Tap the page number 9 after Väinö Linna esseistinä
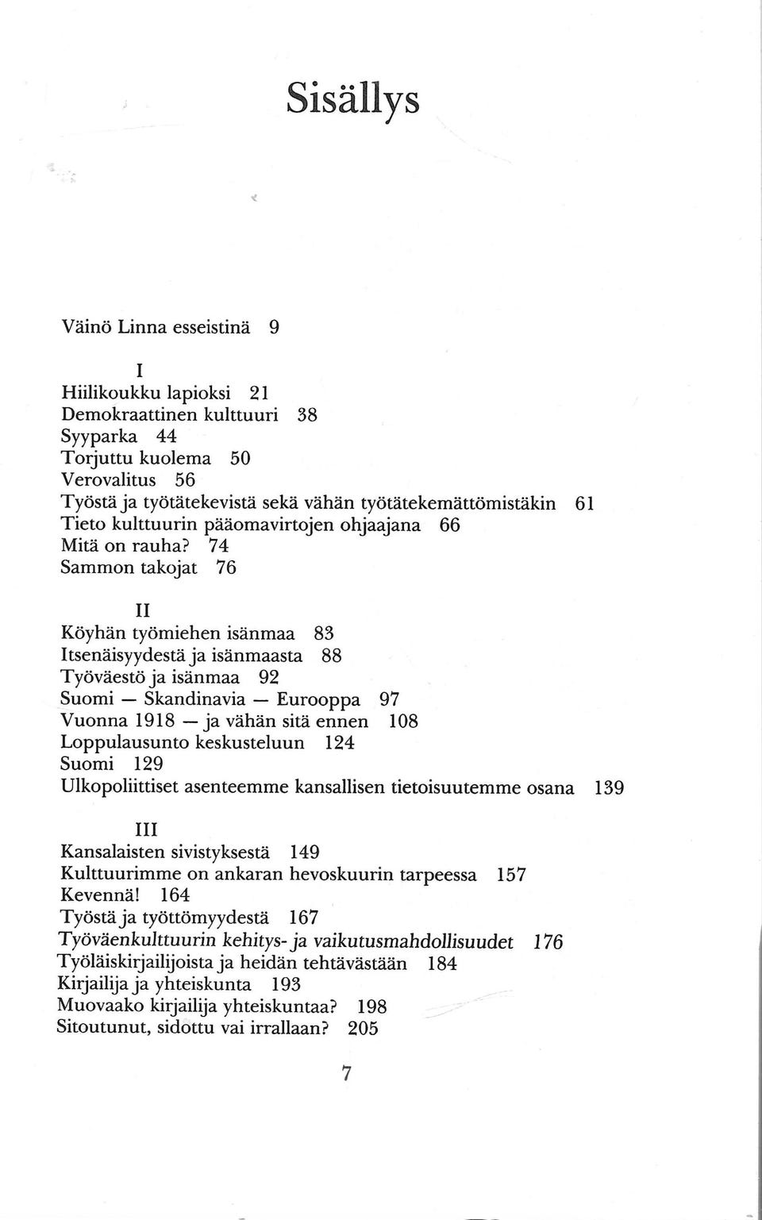point(273,326)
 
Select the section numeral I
point(139,370)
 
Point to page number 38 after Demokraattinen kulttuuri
point(307,414)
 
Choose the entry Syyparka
point(99,437)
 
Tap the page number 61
point(584,502)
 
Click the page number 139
point(609,788)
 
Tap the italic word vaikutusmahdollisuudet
point(414,941)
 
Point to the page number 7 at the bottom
point(345,1074)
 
